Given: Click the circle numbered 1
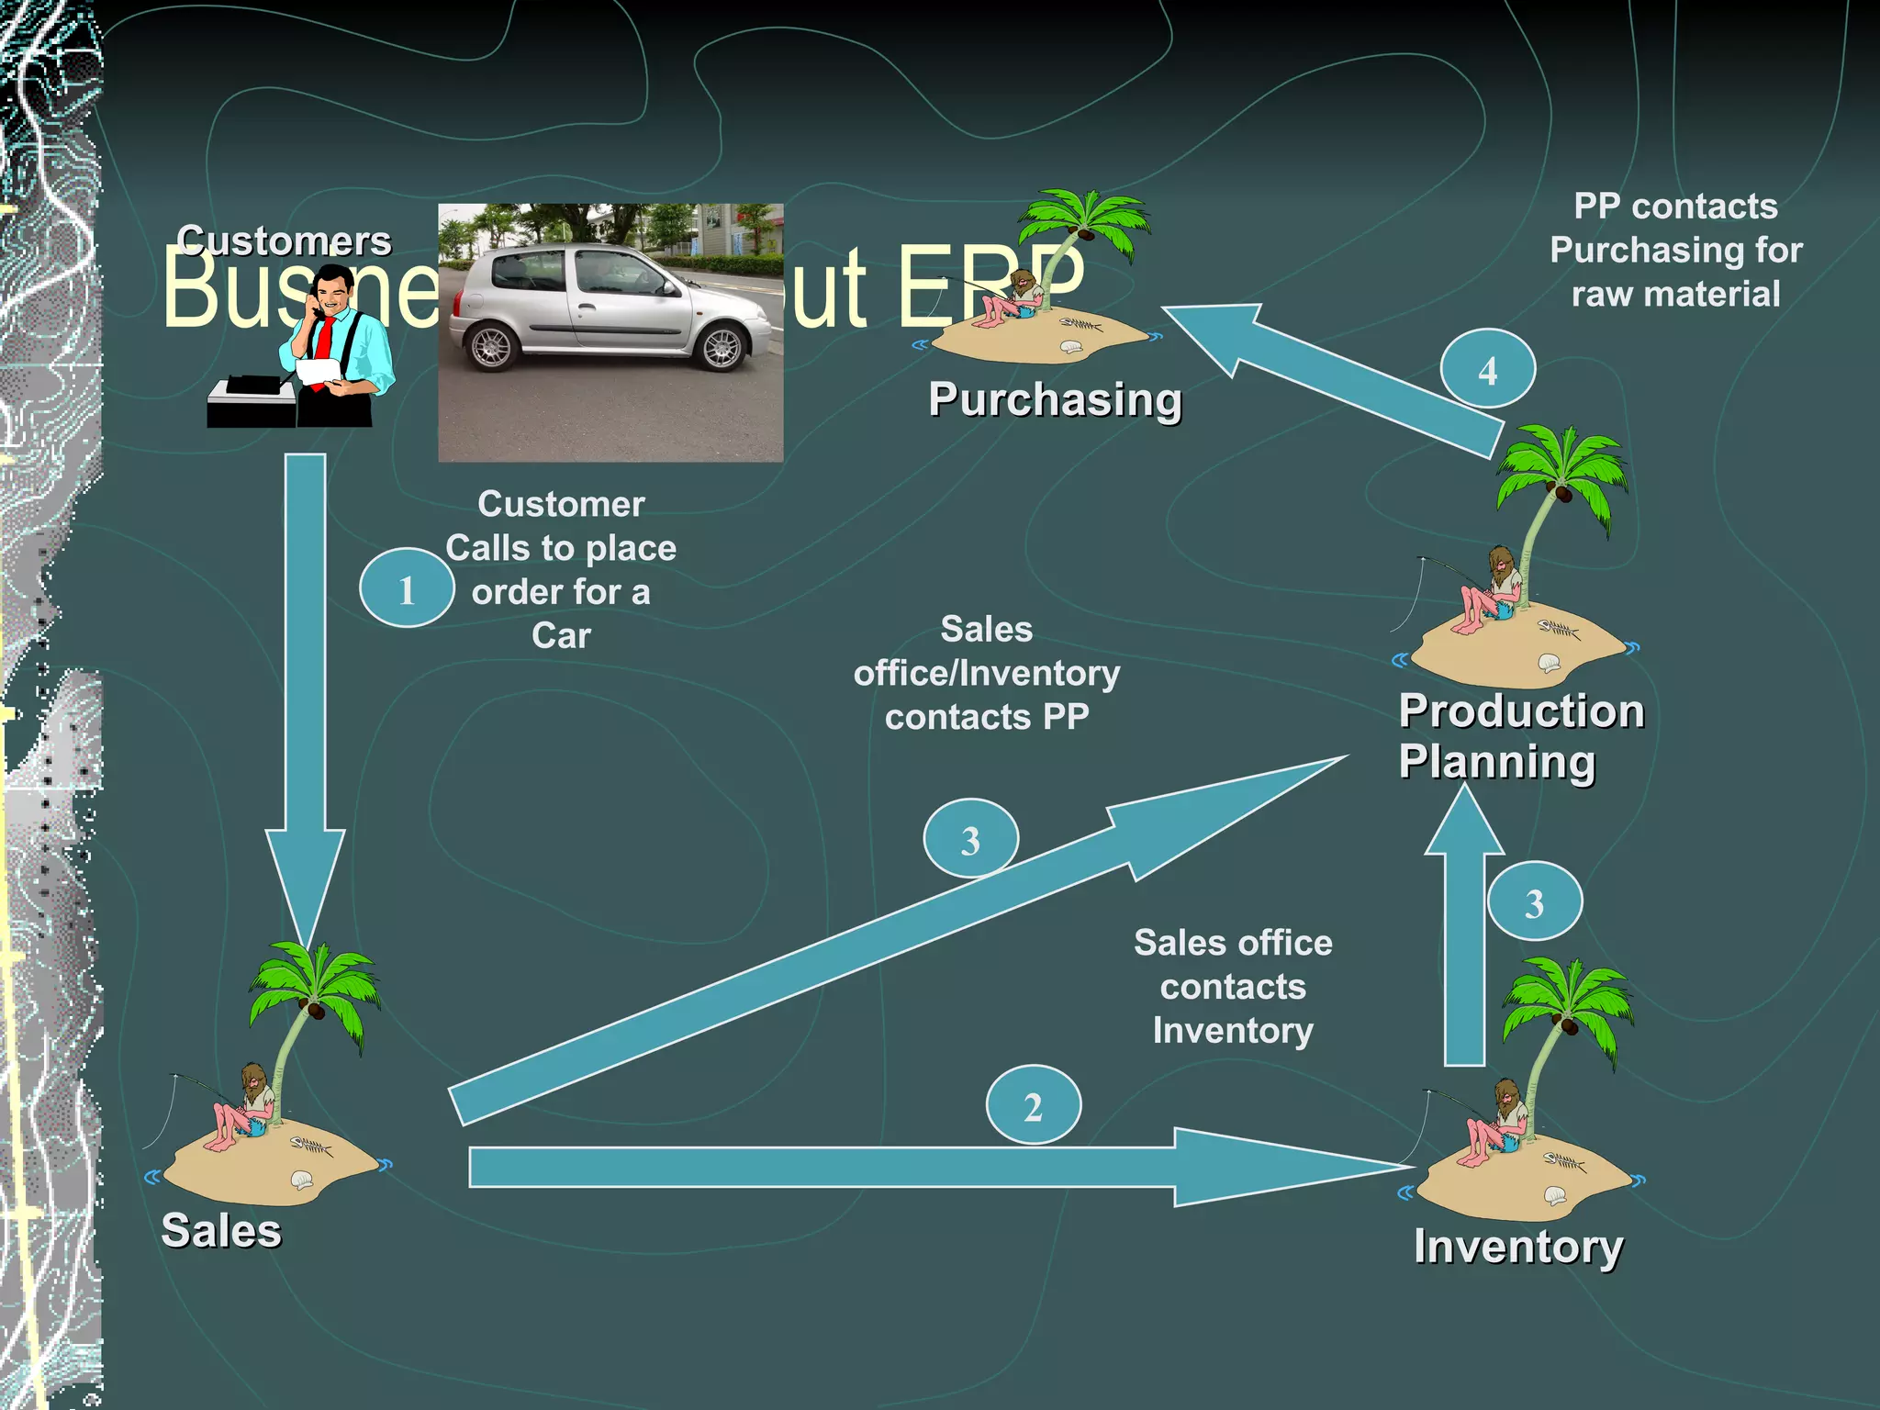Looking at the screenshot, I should point(407,588).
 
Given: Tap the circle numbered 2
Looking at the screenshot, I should point(1033,1105).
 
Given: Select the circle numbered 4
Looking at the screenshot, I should point(1487,369).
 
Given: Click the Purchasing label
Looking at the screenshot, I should point(1055,399).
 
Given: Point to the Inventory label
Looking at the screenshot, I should point(1518,1247).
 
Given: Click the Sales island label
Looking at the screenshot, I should point(221,1231).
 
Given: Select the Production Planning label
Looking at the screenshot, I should point(1519,736).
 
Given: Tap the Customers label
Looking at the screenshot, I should point(284,241).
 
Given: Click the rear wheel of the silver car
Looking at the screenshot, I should point(491,347).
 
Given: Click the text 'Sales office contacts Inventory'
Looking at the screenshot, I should point(1233,987).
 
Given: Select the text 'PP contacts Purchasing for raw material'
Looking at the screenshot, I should point(1675,250).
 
